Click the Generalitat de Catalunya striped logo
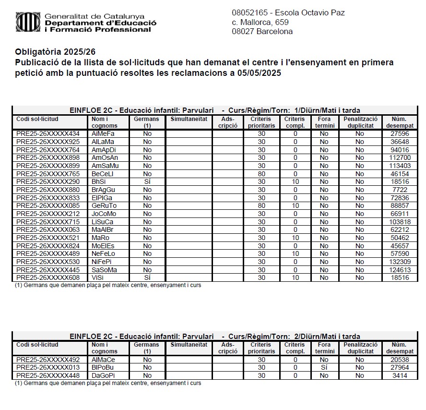(x=28, y=22)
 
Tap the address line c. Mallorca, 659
(x=260, y=23)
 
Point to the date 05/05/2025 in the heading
(x=258, y=73)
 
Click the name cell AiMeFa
(x=103, y=134)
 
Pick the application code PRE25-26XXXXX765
(x=48, y=174)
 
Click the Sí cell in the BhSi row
(x=147, y=182)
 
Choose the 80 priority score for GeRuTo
(x=261, y=206)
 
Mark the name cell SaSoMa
(x=104, y=270)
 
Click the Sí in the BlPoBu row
(x=324, y=368)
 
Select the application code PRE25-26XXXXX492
(x=48, y=360)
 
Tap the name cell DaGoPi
(x=103, y=375)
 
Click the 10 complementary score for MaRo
(x=296, y=238)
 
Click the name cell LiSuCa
(x=103, y=222)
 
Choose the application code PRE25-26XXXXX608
(x=48, y=278)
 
